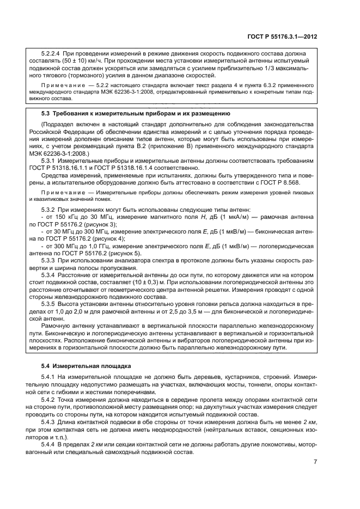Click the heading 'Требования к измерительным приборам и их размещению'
pyautogui.click(x=142, y=113)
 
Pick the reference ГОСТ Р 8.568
pyautogui.click(x=296, y=183)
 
